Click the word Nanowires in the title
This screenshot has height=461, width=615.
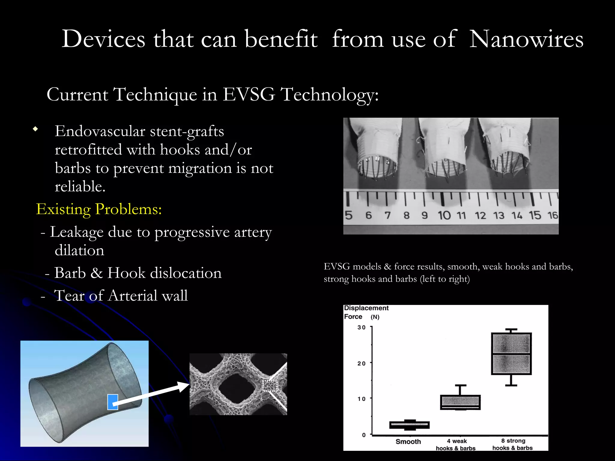pos(526,39)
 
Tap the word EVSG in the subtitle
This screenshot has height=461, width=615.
pos(249,95)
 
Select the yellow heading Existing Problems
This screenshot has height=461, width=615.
pos(99,209)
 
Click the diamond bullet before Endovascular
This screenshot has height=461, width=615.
pos(36,129)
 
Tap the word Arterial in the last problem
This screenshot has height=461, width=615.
pos(133,296)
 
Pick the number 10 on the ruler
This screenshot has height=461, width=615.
pos(444,215)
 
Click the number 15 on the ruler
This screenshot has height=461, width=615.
pos(535,215)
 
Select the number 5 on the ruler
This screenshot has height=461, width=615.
pos(349,215)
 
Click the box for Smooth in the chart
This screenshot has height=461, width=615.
pos(409,425)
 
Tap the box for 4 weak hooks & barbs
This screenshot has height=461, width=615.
pos(460,402)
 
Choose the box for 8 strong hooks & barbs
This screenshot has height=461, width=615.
pos(511,354)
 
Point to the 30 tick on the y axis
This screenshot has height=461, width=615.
pos(361,327)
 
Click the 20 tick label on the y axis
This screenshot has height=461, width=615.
pos(361,363)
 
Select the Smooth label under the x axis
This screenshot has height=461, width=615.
pos(408,441)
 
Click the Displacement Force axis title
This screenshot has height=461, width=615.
pos(366,312)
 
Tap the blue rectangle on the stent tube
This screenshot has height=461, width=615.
pos(113,402)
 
